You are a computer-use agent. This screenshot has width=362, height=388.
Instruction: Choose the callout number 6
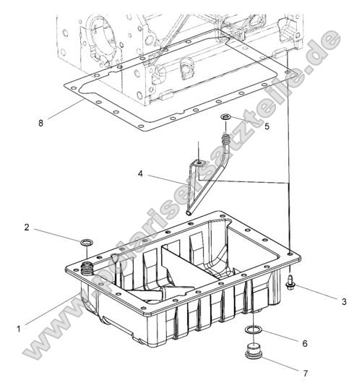pos(304,343)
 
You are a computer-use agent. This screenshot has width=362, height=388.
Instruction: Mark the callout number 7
pos(304,373)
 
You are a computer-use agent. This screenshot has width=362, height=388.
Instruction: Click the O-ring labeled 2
pos(86,241)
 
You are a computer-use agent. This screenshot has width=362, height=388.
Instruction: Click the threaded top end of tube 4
pos(225,134)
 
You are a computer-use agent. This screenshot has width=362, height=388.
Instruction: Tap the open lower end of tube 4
pos(189,212)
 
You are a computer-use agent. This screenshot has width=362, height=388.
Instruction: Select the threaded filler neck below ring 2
pos(87,270)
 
